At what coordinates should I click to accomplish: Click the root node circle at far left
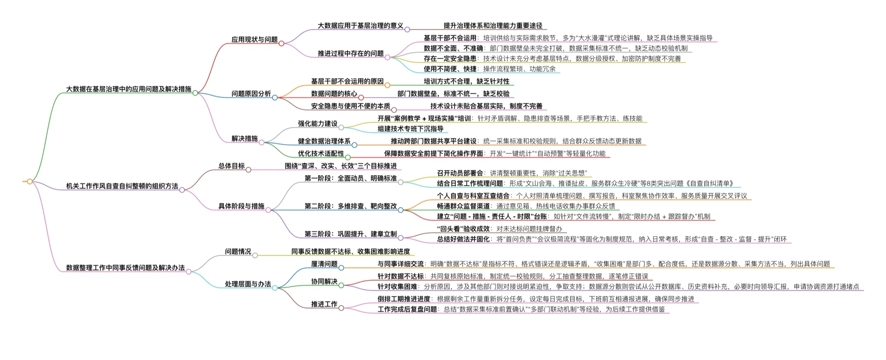[x=30, y=181]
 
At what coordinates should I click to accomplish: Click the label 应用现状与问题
[x=254, y=39]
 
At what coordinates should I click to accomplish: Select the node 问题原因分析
[x=251, y=93]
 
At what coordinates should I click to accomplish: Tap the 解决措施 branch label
[x=244, y=138]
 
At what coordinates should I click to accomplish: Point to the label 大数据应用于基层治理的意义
[x=360, y=26]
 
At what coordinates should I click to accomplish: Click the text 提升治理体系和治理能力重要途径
[x=493, y=26]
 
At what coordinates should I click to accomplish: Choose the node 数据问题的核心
[x=334, y=93]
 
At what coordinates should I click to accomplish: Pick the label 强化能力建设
[x=317, y=124]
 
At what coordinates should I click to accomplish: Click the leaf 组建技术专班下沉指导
[x=410, y=129]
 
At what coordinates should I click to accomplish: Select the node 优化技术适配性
[x=321, y=153]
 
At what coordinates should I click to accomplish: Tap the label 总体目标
[x=231, y=166]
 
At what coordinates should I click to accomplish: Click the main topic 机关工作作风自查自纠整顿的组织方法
[x=122, y=186]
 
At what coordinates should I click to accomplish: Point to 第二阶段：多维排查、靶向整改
[x=350, y=206]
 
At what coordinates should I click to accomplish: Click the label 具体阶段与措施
[x=241, y=206]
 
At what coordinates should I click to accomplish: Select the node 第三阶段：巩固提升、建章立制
[x=350, y=234]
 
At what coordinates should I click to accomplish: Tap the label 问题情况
[x=238, y=251]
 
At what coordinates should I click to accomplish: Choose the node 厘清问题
[x=324, y=264]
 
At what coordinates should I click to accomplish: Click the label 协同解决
[x=324, y=281]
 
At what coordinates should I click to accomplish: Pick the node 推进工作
[x=324, y=304]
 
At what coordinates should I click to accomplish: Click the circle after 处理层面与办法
[x=275, y=288]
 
